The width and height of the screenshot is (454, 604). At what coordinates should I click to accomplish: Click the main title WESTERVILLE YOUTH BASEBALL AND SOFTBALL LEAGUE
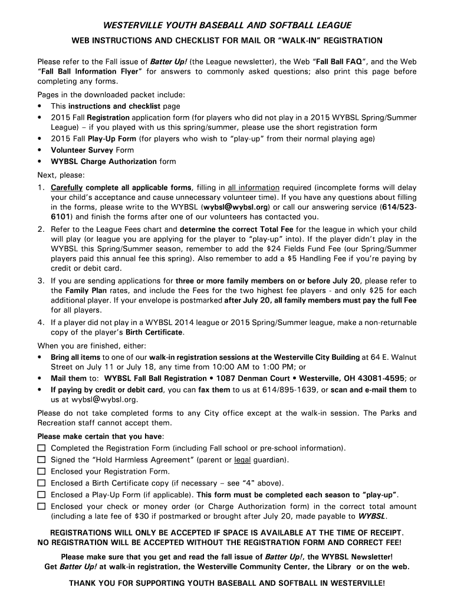pyautogui.click(x=227, y=25)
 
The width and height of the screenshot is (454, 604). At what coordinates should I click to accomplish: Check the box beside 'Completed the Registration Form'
pyautogui.click(x=42, y=449)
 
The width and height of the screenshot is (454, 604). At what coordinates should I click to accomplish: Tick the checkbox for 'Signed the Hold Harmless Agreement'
pyautogui.click(x=42, y=460)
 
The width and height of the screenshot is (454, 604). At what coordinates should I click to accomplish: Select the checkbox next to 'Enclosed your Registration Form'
pyautogui.click(x=42, y=472)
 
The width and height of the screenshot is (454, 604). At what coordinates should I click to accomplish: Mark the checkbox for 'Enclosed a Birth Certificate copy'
pyautogui.click(x=42, y=483)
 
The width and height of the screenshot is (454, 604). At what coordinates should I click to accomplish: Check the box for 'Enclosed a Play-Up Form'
pyautogui.click(x=42, y=495)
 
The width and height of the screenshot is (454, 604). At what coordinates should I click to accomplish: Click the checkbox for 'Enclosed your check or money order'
pyautogui.click(x=42, y=507)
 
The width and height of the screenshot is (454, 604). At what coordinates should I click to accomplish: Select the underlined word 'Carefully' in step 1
pyautogui.click(x=67, y=188)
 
